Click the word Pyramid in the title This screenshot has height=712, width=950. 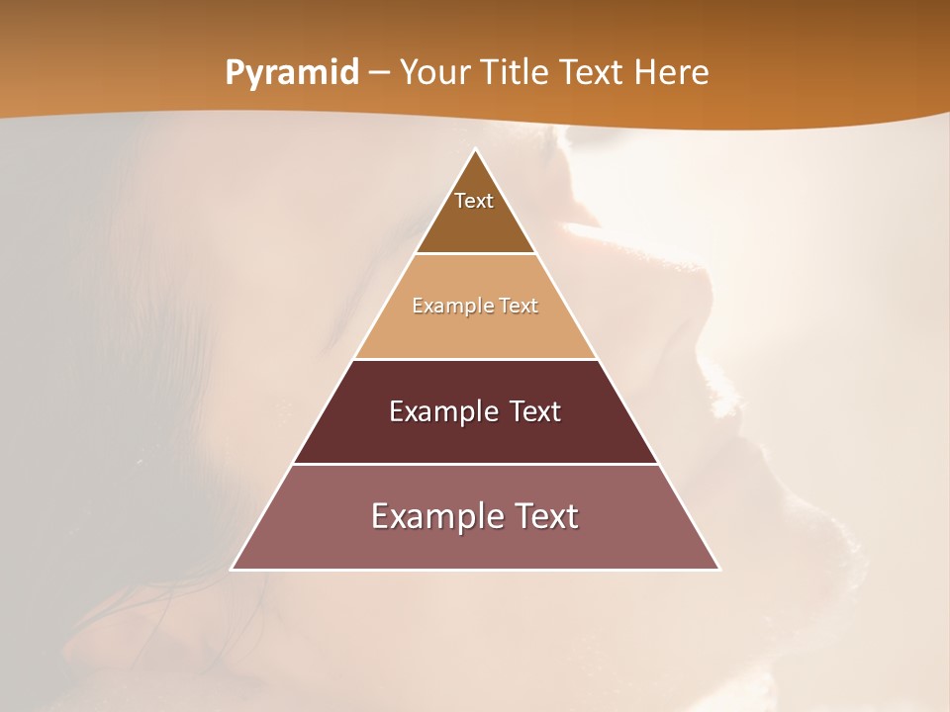coord(292,73)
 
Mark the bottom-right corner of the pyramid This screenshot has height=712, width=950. coord(718,569)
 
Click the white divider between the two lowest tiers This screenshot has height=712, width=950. coord(475,464)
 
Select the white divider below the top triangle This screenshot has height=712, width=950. coord(475,254)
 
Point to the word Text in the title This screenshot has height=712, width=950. coord(595,73)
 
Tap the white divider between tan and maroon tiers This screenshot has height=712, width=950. coord(475,359)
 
